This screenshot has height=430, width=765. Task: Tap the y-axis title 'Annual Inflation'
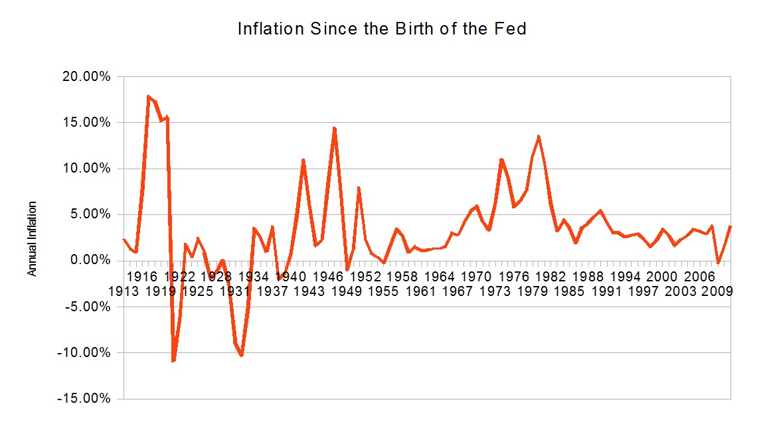click(32, 239)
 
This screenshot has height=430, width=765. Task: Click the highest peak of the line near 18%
click(148, 96)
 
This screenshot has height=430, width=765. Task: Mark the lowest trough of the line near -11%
click(173, 360)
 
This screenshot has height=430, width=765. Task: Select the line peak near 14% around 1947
click(335, 128)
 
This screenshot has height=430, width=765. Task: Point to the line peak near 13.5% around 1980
click(539, 137)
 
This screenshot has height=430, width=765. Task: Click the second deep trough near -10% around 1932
click(242, 355)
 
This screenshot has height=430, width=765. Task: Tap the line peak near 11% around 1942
click(303, 160)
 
